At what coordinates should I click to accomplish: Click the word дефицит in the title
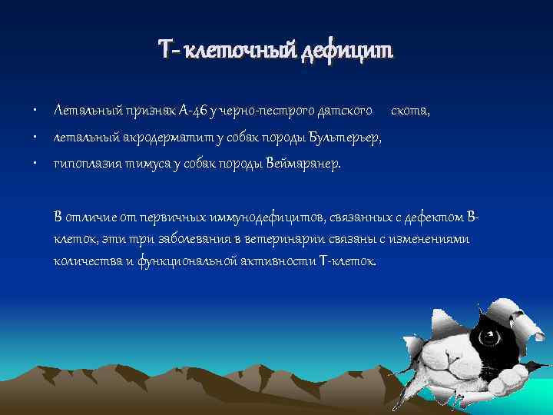pos(348,51)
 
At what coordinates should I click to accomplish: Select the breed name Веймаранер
pos(301,164)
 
